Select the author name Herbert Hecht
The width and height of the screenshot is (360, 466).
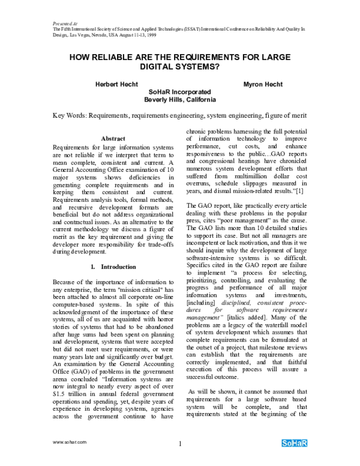tap(117, 85)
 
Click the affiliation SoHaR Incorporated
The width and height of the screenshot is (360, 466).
tap(180, 92)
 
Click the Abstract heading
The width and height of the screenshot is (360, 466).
tap(113, 138)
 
